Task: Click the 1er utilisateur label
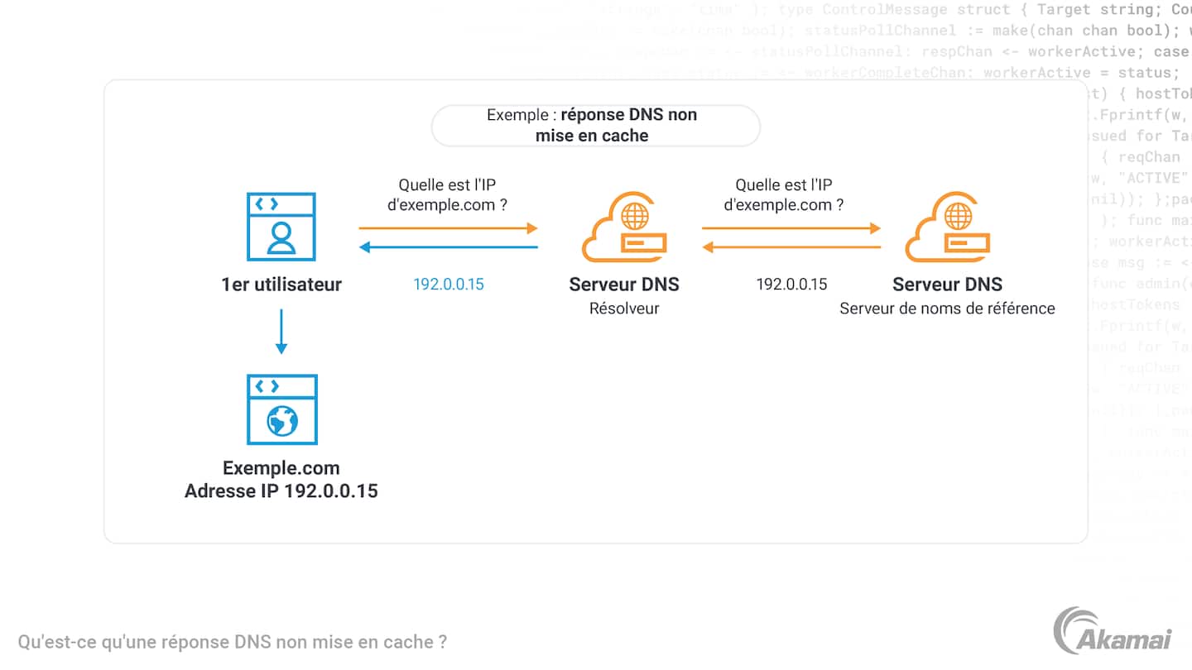coord(281,285)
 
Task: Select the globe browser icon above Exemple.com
coord(281,409)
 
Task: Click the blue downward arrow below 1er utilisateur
coord(281,331)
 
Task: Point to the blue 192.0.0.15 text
coord(449,285)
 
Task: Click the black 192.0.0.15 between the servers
coord(791,285)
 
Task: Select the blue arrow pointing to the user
coord(449,246)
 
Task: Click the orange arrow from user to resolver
coord(449,227)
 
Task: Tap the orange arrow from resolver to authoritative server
coord(791,227)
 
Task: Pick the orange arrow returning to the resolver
coord(791,246)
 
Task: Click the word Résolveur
coord(624,309)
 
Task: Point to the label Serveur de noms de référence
coord(947,309)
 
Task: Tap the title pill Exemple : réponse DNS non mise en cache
coord(595,126)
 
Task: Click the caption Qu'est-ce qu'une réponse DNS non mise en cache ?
coord(233,642)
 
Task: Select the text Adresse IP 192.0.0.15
coord(281,491)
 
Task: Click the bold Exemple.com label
coord(281,468)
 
